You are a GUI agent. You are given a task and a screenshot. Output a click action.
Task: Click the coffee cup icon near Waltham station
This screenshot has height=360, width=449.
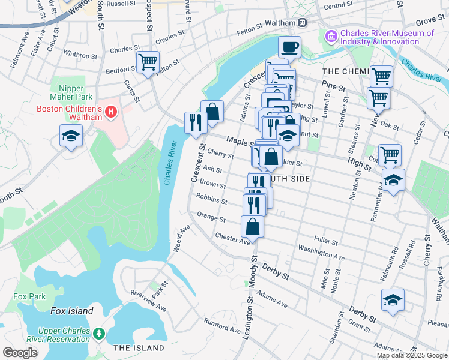(289, 46)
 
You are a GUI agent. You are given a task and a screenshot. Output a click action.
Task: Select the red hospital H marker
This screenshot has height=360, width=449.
(110, 112)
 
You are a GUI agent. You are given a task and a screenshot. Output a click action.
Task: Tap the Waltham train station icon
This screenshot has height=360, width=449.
(303, 22)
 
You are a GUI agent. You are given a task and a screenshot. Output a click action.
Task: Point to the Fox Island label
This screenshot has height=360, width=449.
(71, 311)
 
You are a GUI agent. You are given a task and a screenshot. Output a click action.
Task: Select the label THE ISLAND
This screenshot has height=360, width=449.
(139, 348)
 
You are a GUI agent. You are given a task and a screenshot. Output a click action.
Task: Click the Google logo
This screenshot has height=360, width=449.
(20, 353)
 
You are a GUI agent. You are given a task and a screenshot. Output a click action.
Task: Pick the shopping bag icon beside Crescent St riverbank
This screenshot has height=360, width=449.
(212, 111)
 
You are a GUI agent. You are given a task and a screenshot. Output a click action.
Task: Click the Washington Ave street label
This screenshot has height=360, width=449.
(321, 253)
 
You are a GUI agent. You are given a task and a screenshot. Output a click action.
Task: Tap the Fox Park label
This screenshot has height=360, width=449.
(29, 296)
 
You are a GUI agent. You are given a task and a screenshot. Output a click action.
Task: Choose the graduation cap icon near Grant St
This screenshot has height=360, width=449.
(393, 299)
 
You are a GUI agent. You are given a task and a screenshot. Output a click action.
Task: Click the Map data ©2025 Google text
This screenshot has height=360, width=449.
(411, 355)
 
